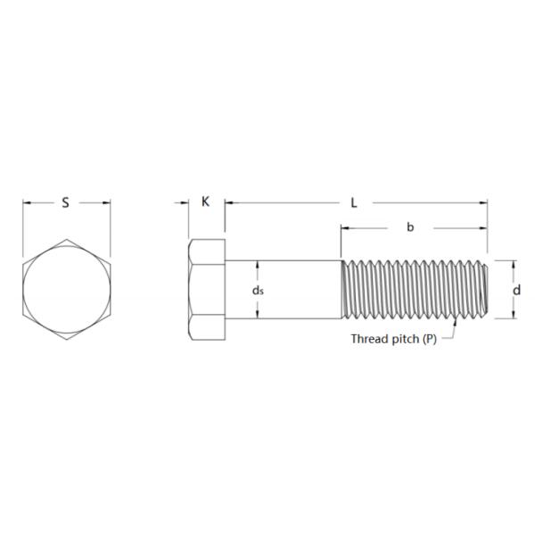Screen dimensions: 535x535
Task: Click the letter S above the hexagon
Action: coord(65,202)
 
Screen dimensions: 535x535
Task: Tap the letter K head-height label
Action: coord(206,202)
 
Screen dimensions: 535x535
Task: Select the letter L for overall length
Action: coord(354,202)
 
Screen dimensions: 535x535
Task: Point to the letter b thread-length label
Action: coord(410,227)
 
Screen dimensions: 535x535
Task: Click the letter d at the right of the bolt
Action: coord(516,290)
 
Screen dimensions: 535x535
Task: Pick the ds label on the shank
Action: coord(257,291)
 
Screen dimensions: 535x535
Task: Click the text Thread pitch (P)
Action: coord(393,339)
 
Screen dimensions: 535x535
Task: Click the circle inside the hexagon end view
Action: coord(67,290)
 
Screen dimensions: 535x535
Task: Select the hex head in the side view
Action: coord(207,289)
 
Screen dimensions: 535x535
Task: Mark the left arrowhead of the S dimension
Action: coord(28,202)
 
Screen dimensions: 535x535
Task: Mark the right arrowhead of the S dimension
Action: coord(106,202)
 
